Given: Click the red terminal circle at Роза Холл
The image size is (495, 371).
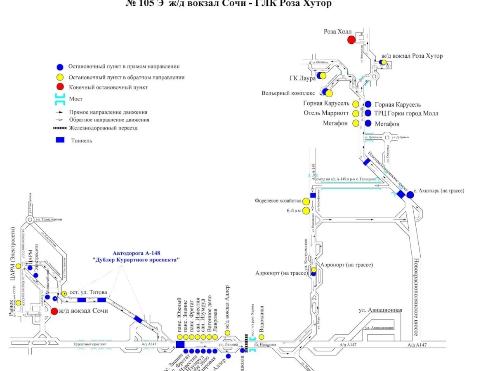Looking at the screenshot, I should click(x=351, y=40).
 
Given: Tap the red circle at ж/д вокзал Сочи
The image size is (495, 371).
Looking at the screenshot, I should click(x=54, y=311).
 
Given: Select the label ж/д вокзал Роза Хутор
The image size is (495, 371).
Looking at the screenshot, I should click(x=412, y=56).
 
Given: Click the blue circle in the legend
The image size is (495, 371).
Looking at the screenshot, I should click(x=60, y=67).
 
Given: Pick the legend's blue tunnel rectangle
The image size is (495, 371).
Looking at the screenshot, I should click(x=60, y=140).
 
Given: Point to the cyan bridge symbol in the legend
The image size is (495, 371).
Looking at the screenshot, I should click(x=60, y=99).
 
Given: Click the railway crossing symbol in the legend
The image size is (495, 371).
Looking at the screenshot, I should click(x=60, y=128).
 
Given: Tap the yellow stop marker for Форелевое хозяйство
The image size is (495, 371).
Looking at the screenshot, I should click(x=306, y=201).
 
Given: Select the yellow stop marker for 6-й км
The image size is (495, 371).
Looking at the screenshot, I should click(x=306, y=211).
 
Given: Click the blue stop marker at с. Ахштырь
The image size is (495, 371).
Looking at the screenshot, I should click(x=410, y=195).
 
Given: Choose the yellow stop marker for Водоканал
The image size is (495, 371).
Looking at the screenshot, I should click(x=261, y=337).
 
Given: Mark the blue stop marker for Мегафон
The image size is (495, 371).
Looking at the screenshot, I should click(x=368, y=123).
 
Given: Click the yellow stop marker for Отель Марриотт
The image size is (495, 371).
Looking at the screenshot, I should click(x=356, y=113).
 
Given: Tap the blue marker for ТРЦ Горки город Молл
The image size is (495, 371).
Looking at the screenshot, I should click(x=368, y=113).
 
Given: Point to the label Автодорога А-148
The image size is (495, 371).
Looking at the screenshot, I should click(x=136, y=253).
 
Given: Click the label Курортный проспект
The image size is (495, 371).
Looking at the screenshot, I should click(x=90, y=344).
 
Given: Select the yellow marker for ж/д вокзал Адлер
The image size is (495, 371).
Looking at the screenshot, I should click(x=227, y=333).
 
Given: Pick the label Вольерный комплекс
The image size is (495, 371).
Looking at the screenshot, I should click(x=288, y=93).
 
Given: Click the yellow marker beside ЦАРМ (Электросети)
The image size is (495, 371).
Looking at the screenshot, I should click(x=19, y=266).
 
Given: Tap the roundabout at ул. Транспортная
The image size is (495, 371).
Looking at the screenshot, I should click(x=30, y=220).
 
